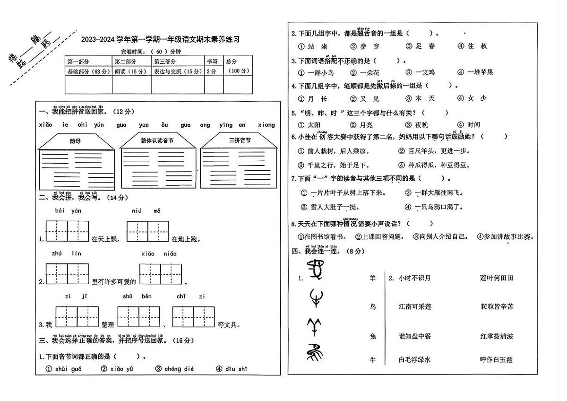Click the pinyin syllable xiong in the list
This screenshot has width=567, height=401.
coord(266,125)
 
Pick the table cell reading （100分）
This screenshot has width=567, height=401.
coord(238,71)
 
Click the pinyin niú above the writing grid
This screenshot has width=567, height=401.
coord(137,211)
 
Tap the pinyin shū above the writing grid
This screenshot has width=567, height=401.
coord(128,296)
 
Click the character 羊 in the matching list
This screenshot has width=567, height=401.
coord(373,279)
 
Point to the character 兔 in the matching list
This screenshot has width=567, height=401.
coord(373,336)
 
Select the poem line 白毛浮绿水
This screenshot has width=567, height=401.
coord(415,360)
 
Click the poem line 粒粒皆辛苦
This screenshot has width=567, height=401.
coord(497,307)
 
